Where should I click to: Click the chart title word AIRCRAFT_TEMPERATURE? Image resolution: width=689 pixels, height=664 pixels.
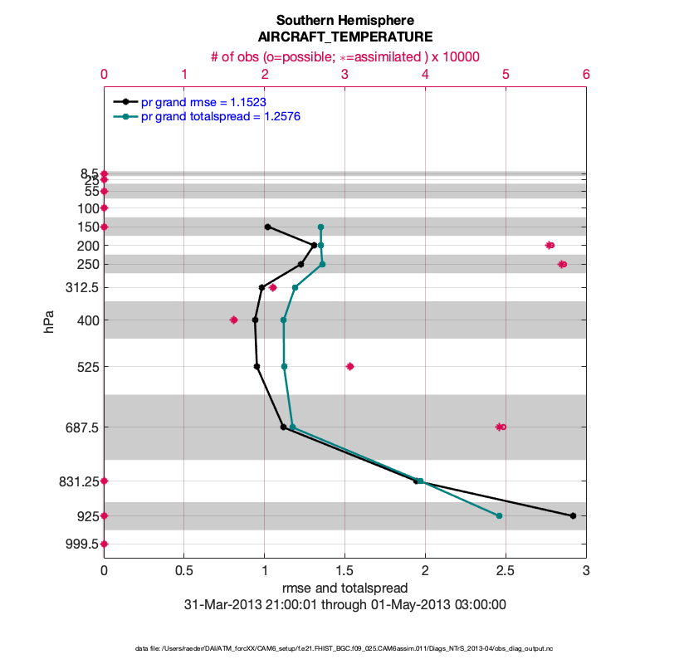point(344,37)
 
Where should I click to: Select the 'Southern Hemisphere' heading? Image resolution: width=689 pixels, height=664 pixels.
point(344,20)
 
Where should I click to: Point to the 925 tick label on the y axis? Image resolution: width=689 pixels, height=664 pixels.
point(85,516)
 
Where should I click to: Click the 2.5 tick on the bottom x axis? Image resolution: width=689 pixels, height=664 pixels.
point(506,571)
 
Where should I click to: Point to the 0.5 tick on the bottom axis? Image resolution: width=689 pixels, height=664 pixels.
point(183,571)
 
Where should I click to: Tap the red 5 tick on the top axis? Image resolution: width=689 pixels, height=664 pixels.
point(506,74)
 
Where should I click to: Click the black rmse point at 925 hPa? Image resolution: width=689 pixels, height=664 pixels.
point(573,516)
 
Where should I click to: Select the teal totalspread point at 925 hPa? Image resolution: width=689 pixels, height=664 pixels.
point(499,516)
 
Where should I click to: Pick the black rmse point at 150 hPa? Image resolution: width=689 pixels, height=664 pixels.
point(267,227)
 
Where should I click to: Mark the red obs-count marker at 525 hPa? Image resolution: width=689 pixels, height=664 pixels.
point(349,366)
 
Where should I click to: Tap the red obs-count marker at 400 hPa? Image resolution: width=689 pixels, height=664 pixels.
point(233,320)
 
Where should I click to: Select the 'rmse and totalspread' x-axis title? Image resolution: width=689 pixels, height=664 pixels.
point(344,588)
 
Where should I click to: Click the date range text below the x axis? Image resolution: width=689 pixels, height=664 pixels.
point(344,605)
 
